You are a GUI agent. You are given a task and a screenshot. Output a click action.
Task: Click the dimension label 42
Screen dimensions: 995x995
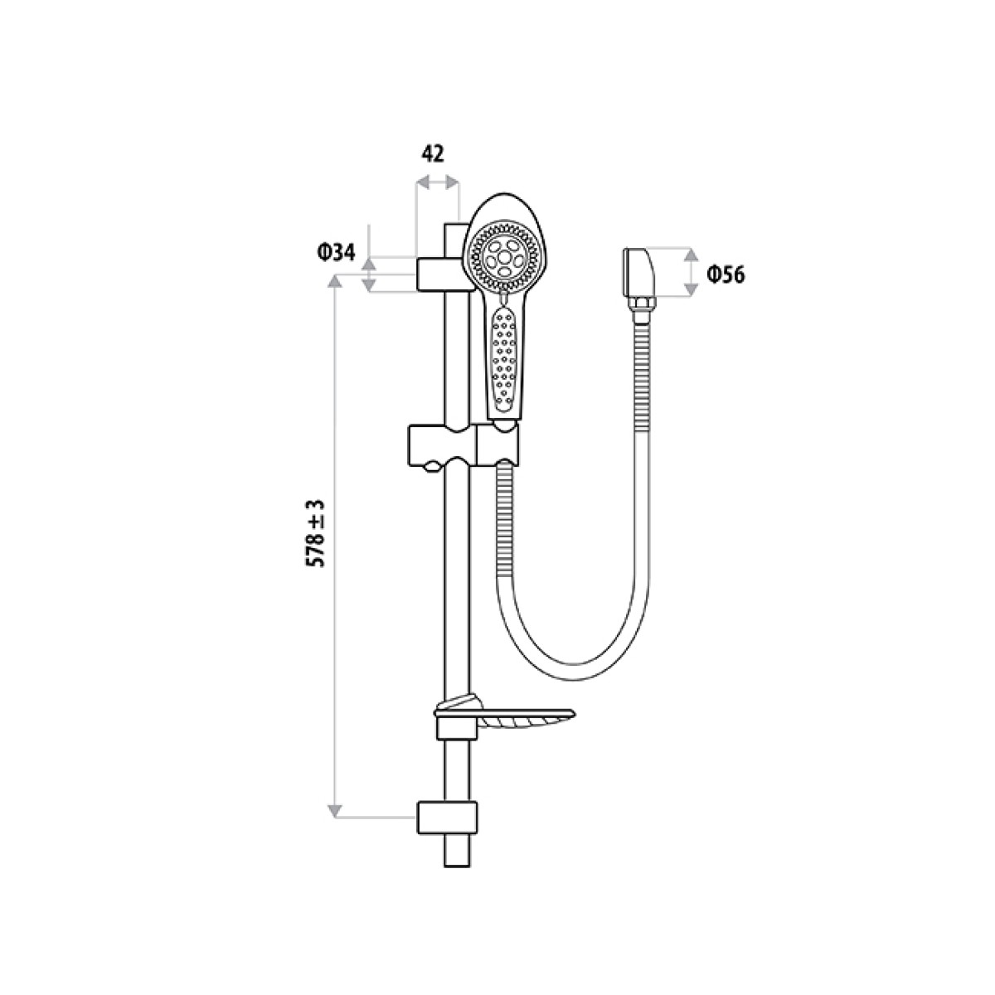433,153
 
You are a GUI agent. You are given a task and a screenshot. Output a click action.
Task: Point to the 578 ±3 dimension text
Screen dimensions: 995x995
316,533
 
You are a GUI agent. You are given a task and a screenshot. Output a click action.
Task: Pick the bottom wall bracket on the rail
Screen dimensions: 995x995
447,817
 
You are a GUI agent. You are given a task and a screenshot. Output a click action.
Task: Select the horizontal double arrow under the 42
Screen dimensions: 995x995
436,182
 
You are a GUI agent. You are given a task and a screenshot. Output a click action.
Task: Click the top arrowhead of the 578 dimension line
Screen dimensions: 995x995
336,283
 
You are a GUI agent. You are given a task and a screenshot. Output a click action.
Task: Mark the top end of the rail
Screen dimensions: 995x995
456,226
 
